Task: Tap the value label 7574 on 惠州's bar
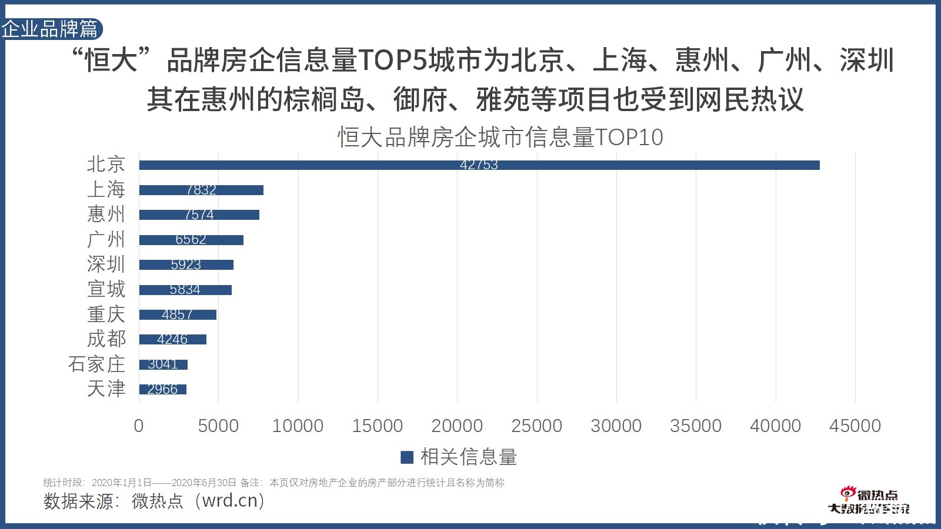click(199, 215)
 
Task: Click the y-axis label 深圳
click(106, 264)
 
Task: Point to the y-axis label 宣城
click(106, 289)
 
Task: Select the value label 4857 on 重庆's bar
click(177, 314)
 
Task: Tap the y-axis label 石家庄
click(96, 364)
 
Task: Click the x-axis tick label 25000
click(536, 426)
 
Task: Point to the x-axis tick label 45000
click(855, 426)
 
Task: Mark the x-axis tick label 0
click(139, 426)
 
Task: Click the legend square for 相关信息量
click(406, 457)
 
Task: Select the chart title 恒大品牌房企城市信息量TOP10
click(500, 137)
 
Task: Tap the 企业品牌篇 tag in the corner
click(50, 29)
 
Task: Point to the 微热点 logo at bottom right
click(869, 501)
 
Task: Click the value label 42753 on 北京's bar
click(479, 165)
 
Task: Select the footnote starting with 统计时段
click(273, 483)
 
